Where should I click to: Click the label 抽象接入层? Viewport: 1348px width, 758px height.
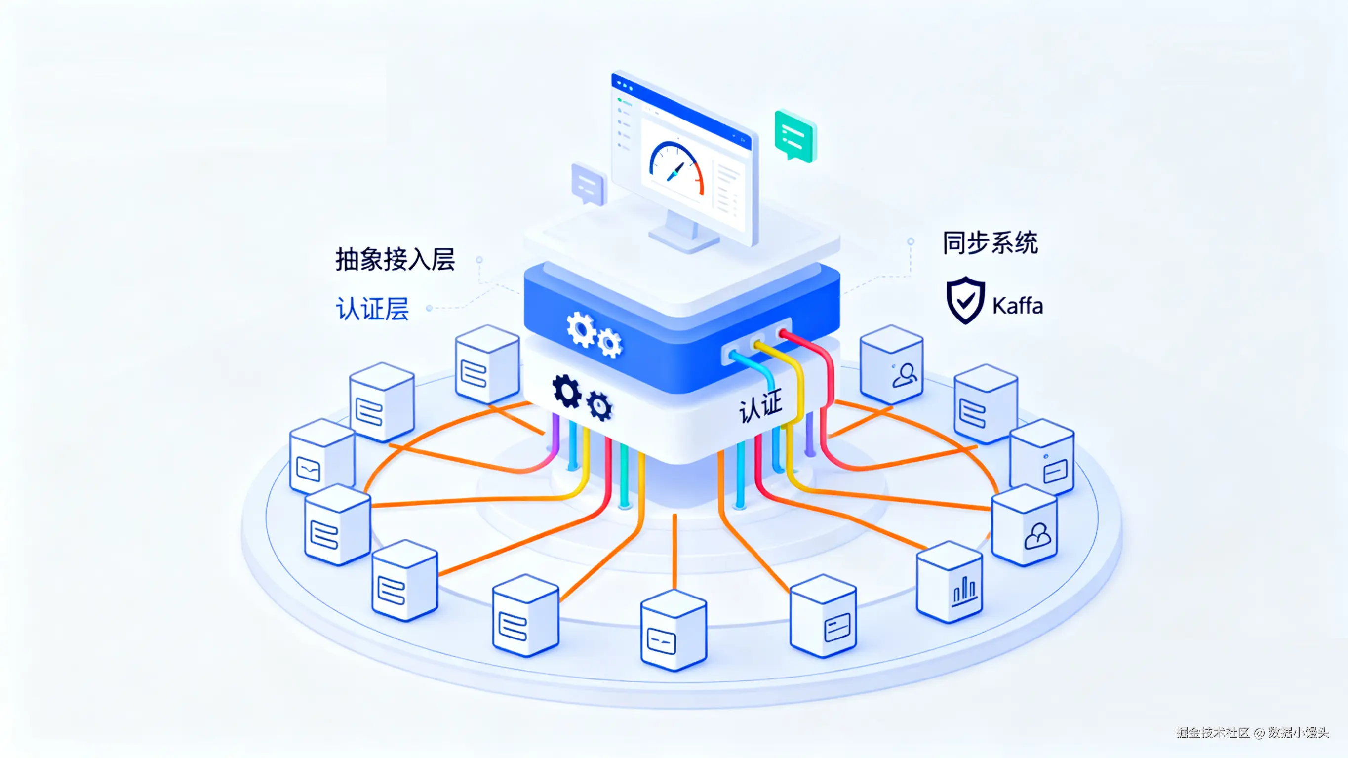click(x=395, y=259)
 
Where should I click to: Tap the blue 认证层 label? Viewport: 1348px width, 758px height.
click(x=372, y=308)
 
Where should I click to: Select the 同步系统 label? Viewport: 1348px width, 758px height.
click(x=990, y=243)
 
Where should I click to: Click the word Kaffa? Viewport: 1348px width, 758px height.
click(x=1017, y=306)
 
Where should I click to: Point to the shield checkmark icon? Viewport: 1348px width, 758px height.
click(x=965, y=300)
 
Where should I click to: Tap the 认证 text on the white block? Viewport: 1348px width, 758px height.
click(x=760, y=406)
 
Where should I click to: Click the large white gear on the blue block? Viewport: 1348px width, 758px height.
click(x=580, y=329)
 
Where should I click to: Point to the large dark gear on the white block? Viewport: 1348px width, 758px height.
click(x=567, y=391)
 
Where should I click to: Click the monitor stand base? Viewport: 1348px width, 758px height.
click(x=683, y=241)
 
